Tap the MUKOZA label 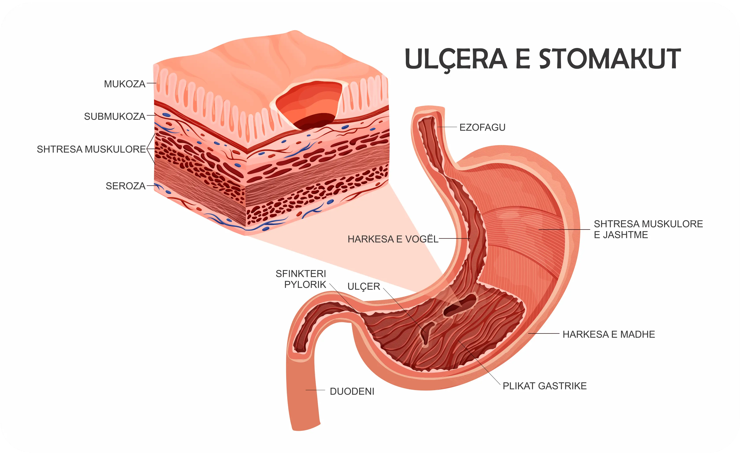click(x=125, y=84)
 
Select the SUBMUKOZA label click(x=115, y=117)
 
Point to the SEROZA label click(x=125, y=186)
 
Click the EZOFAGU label click(x=482, y=128)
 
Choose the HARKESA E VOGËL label click(x=392, y=239)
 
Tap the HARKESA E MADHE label click(x=608, y=334)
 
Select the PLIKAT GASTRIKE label click(x=544, y=386)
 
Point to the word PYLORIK click(x=305, y=284)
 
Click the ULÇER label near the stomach click(x=363, y=287)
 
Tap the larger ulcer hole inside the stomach click(x=460, y=305)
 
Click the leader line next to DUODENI click(x=315, y=390)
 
